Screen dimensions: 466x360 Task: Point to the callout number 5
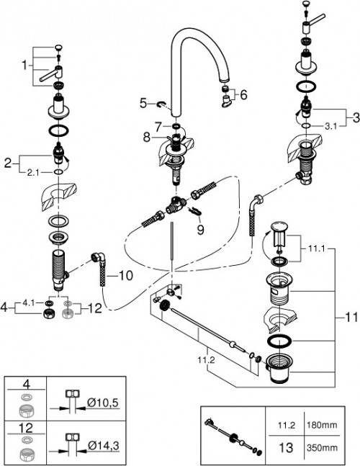coord(143,102)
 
